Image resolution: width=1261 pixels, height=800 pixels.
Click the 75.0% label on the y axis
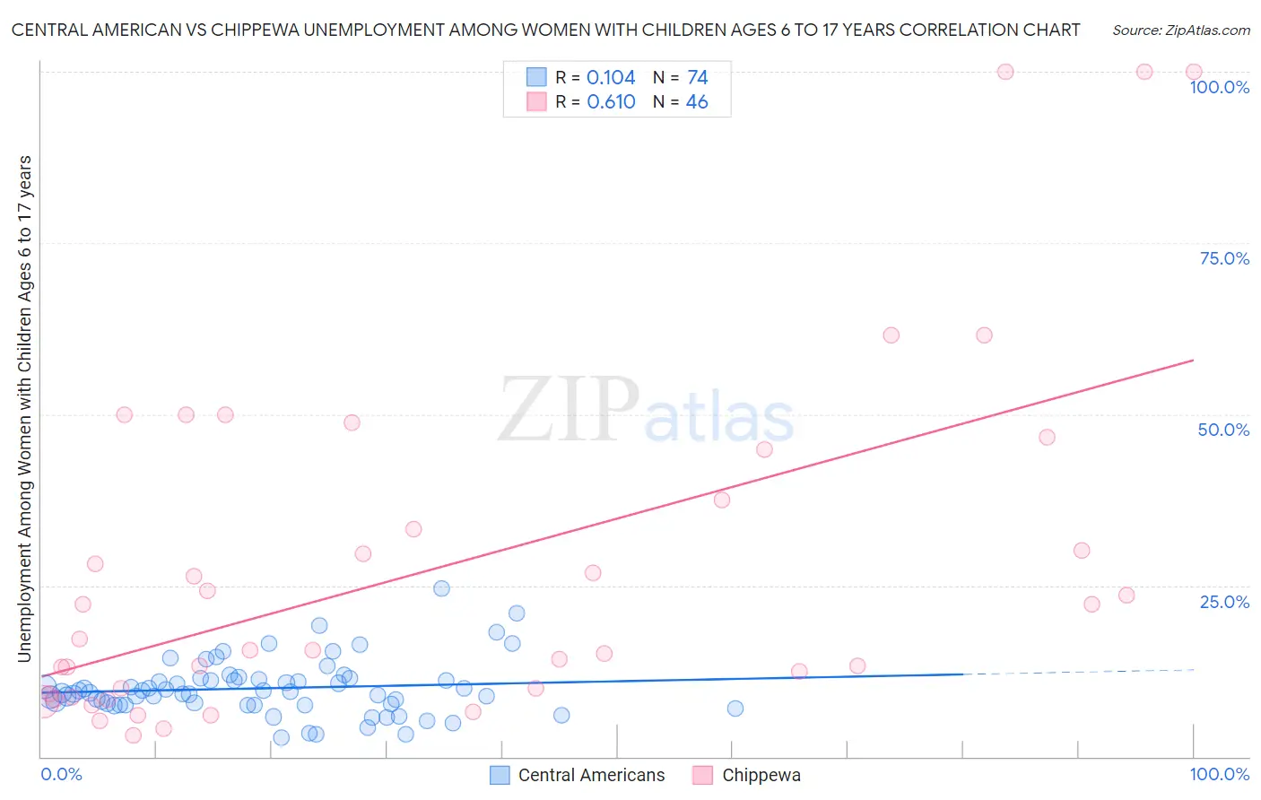(1224, 258)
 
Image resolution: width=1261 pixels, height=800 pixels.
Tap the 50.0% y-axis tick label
(1223, 430)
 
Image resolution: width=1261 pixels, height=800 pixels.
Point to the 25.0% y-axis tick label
(1224, 602)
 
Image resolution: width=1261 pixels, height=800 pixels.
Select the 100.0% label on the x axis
(1219, 774)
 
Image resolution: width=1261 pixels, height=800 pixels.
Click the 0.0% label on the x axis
(61, 774)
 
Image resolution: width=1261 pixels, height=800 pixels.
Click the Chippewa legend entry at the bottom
(761, 776)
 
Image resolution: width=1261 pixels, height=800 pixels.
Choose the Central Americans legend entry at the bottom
(591, 776)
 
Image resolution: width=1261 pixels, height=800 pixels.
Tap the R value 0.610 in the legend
(611, 102)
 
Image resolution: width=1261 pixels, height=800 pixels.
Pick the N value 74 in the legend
(697, 78)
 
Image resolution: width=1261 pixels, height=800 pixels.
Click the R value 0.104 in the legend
(611, 78)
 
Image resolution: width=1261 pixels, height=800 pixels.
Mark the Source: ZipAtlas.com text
(1180, 30)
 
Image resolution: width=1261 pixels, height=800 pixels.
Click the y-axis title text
(24, 409)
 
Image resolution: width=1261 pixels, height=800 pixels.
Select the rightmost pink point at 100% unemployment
(1194, 72)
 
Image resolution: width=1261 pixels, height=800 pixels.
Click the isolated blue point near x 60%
(735, 709)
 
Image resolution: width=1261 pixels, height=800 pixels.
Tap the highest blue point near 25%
(441, 589)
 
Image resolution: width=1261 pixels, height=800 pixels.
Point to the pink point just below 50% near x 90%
(1047, 438)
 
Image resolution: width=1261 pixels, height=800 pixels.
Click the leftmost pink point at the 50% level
(125, 415)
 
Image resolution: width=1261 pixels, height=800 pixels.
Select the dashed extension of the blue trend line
(1076, 672)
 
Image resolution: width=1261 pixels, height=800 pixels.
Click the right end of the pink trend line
(1193, 360)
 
